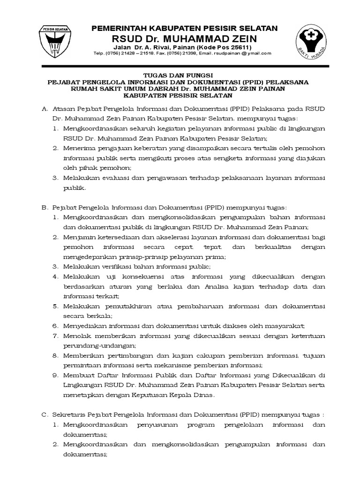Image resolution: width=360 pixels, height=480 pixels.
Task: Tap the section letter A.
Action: click(45, 109)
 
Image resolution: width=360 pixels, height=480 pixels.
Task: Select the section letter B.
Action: click(45, 207)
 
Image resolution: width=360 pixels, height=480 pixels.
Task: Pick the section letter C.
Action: click(45, 415)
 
